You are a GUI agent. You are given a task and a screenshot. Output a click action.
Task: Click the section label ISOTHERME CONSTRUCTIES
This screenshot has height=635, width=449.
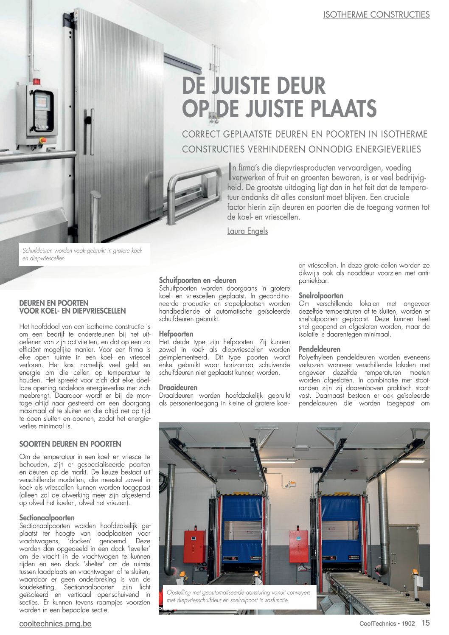click(x=376, y=14)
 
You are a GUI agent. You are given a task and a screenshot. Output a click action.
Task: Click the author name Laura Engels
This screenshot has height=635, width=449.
click(x=247, y=231)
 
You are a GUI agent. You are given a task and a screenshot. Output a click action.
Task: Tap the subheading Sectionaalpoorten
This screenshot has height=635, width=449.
click(x=47, y=518)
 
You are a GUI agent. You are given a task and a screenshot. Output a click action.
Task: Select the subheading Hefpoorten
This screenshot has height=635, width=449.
click(x=176, y=334)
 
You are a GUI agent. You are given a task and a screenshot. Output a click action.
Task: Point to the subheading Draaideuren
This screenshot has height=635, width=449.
click(x=178, y=388)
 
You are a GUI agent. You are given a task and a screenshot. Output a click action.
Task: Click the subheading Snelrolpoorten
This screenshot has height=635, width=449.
click(x=321, y=295)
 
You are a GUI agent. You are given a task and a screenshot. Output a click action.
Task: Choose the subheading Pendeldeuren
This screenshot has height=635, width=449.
click(x=319, y=349)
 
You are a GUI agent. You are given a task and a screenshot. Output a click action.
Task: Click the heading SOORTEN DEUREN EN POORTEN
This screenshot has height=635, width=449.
click(x=70, y=444)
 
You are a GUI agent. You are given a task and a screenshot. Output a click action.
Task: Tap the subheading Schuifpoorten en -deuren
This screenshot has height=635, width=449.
click(x=197, y=280)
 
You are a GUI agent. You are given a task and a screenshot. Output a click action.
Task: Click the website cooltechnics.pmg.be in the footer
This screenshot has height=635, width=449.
click(x=55, y=624)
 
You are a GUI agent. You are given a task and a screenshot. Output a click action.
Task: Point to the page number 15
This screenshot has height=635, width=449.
click(x=425, y=623)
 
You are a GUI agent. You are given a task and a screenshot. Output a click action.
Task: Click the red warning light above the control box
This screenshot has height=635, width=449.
click(x=36, y=81)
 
